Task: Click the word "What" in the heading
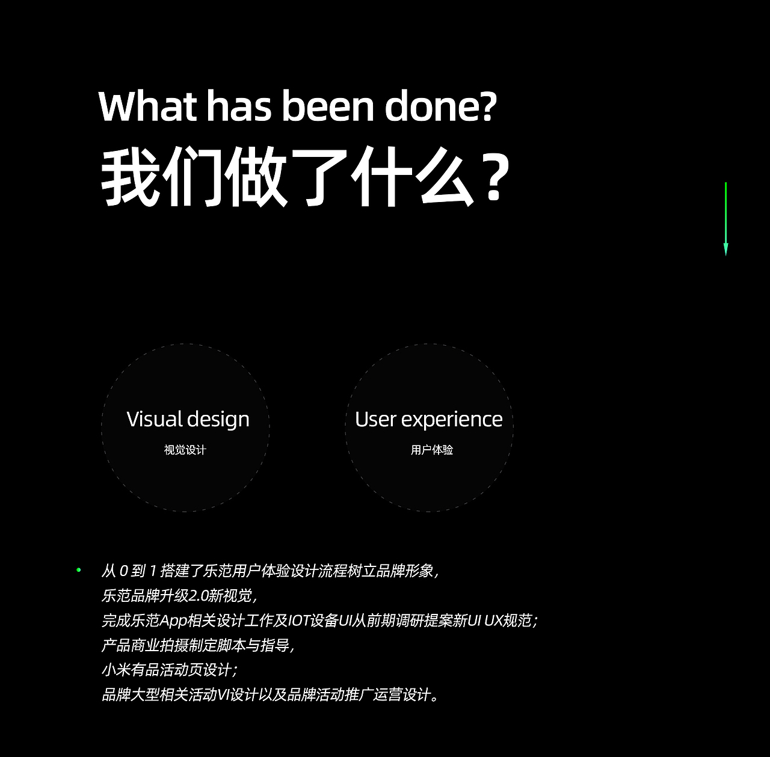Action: coord(147,106)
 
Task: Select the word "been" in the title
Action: coord(328,106)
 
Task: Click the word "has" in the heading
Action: coord(239,106)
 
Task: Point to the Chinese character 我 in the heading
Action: coord(130,177)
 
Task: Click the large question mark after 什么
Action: coord(494,179)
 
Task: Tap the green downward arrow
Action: coord(725,219)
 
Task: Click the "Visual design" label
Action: coord(188,419)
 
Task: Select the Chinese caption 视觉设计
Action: coord(185,450)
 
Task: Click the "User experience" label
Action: coord(428,419)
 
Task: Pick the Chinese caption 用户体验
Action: coord(432,450)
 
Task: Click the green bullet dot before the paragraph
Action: coord(78,569)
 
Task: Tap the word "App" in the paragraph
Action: coord(174,620)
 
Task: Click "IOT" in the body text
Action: coord(298,620)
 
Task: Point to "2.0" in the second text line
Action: coord(199,595)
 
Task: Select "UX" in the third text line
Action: coord(494,620)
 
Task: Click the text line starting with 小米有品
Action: coord(170,669)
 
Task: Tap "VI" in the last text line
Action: coord(223,694)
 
